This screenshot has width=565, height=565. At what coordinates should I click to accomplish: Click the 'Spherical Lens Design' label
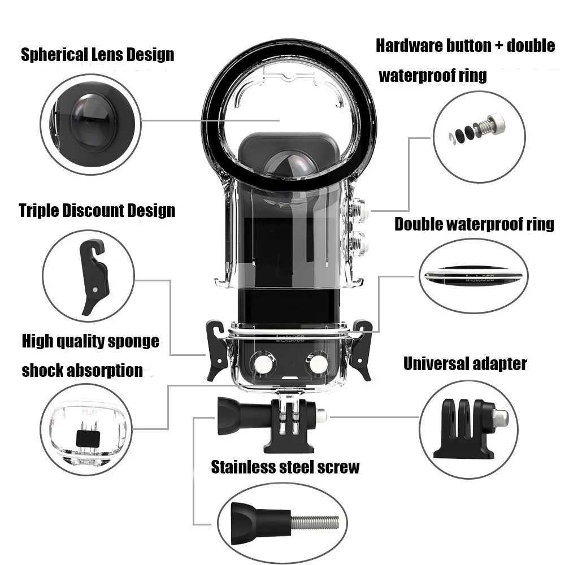pos(97,55)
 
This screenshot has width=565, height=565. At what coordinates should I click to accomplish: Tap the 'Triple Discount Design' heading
pos(97,211)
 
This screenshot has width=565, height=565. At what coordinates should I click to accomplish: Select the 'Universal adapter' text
pos(464,363)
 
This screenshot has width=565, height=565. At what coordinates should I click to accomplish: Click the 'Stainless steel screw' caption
pos(285,467)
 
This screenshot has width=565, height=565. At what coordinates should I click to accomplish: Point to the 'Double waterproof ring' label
pos(474,224)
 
